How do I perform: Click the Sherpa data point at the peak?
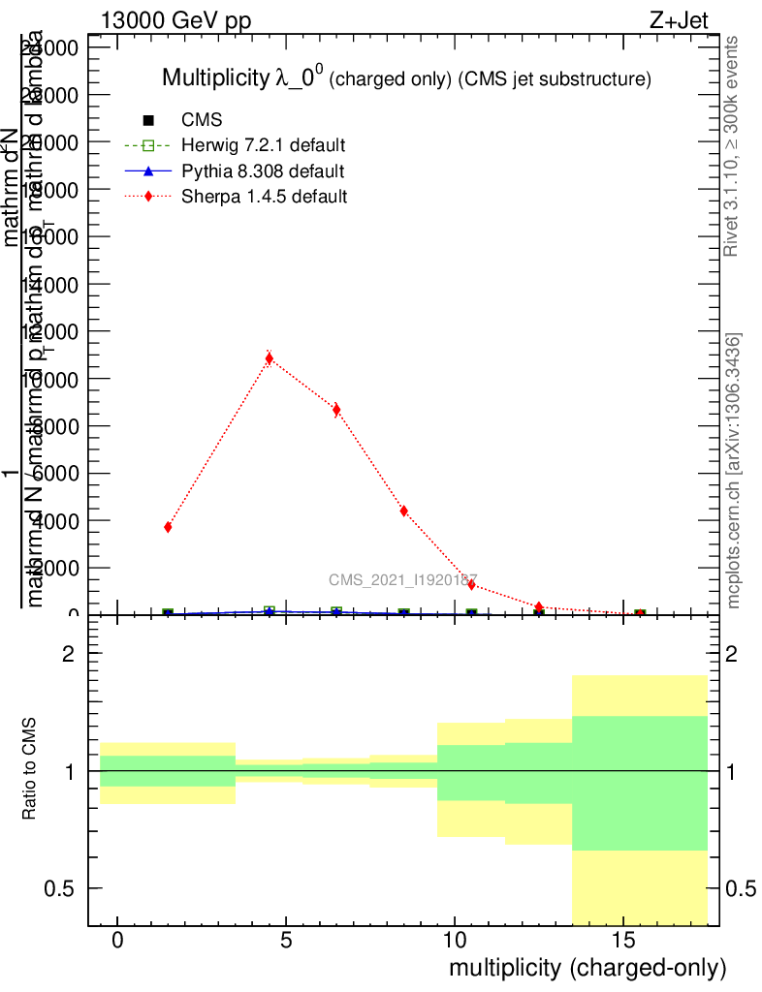270,358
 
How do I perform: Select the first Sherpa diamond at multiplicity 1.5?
169,527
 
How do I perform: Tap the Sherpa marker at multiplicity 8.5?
403,511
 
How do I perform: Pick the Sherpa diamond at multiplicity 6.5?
336,409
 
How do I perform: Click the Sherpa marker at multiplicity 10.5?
471,584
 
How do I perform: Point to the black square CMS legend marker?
148,121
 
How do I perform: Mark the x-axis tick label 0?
117,941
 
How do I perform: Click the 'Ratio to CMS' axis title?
31,770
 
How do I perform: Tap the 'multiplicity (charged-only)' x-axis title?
587,968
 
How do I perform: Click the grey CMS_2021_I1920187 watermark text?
402,579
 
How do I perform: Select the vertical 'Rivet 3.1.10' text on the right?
732,145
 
